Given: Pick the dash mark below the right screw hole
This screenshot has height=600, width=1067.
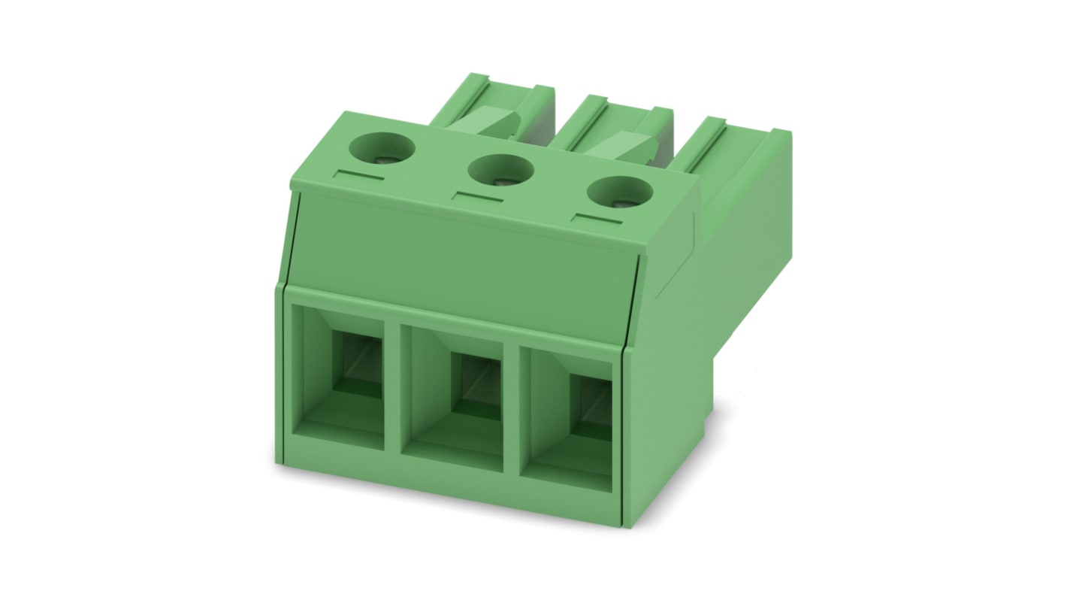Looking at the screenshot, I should tap(597, 220).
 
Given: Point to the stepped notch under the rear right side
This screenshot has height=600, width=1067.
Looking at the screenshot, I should tap(710, 421).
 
